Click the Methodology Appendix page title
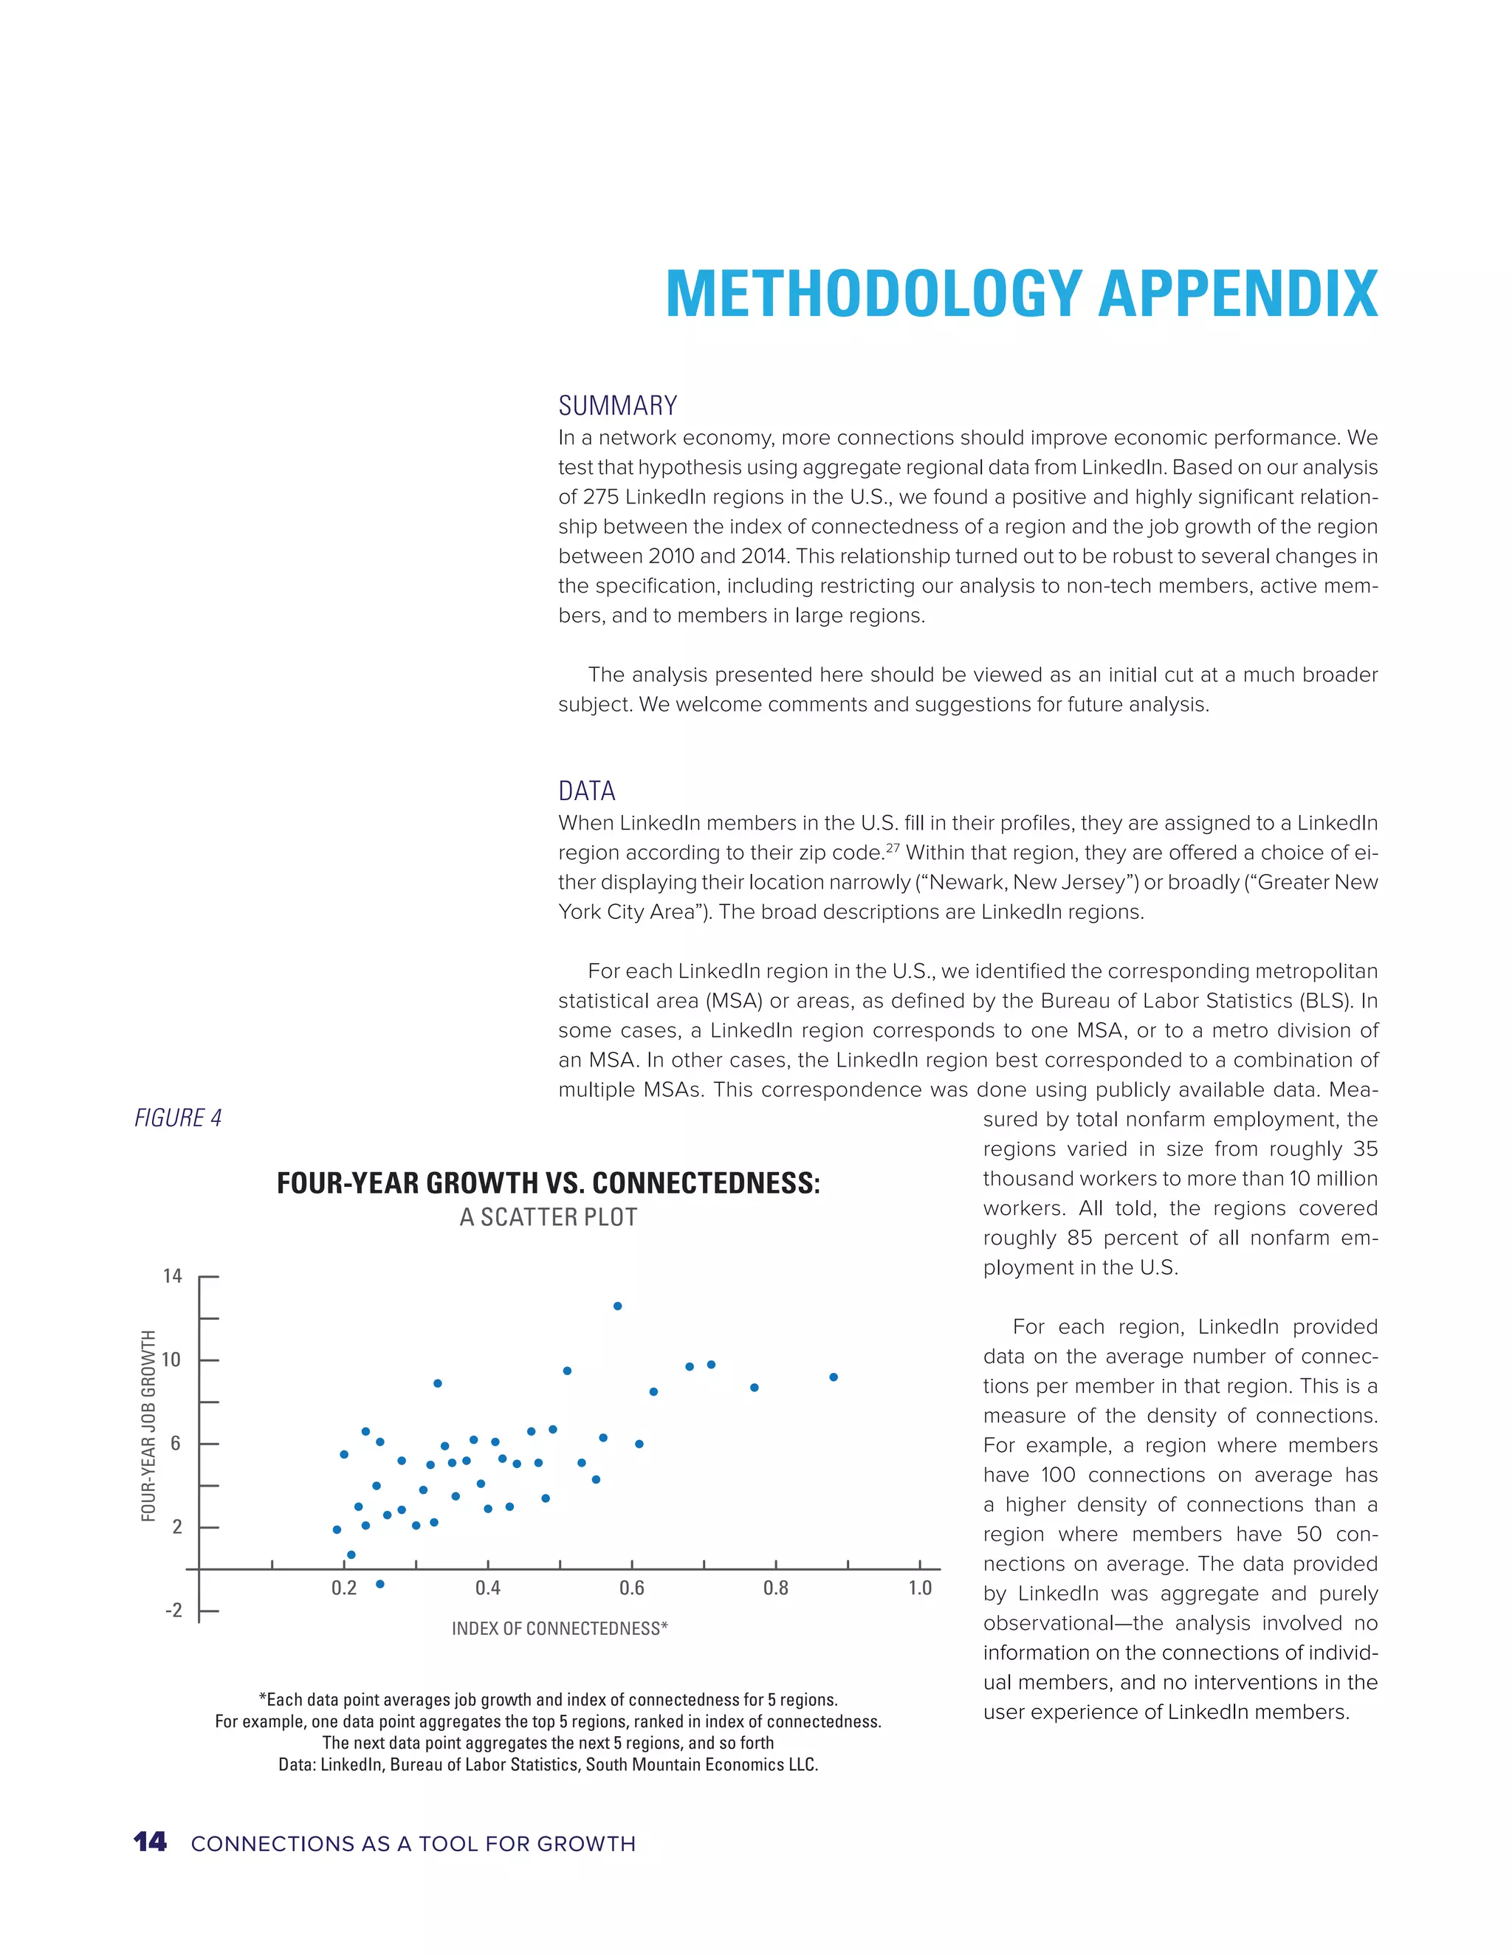[1021, 294]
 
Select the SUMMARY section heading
[617, 406]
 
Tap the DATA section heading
[587, 791]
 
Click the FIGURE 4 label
[177, 1118]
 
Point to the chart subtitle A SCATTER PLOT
[549, 1217]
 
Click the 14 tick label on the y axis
[172, 1275]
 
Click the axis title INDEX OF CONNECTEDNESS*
[560, 1628]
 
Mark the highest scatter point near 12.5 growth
[617, 1306]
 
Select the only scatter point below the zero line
[379, 1584]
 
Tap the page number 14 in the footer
[150, 1842]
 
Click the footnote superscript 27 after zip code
[892, 847]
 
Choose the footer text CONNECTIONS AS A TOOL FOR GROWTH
[413, 1844]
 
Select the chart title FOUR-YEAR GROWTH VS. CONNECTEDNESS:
[549, 1183]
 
